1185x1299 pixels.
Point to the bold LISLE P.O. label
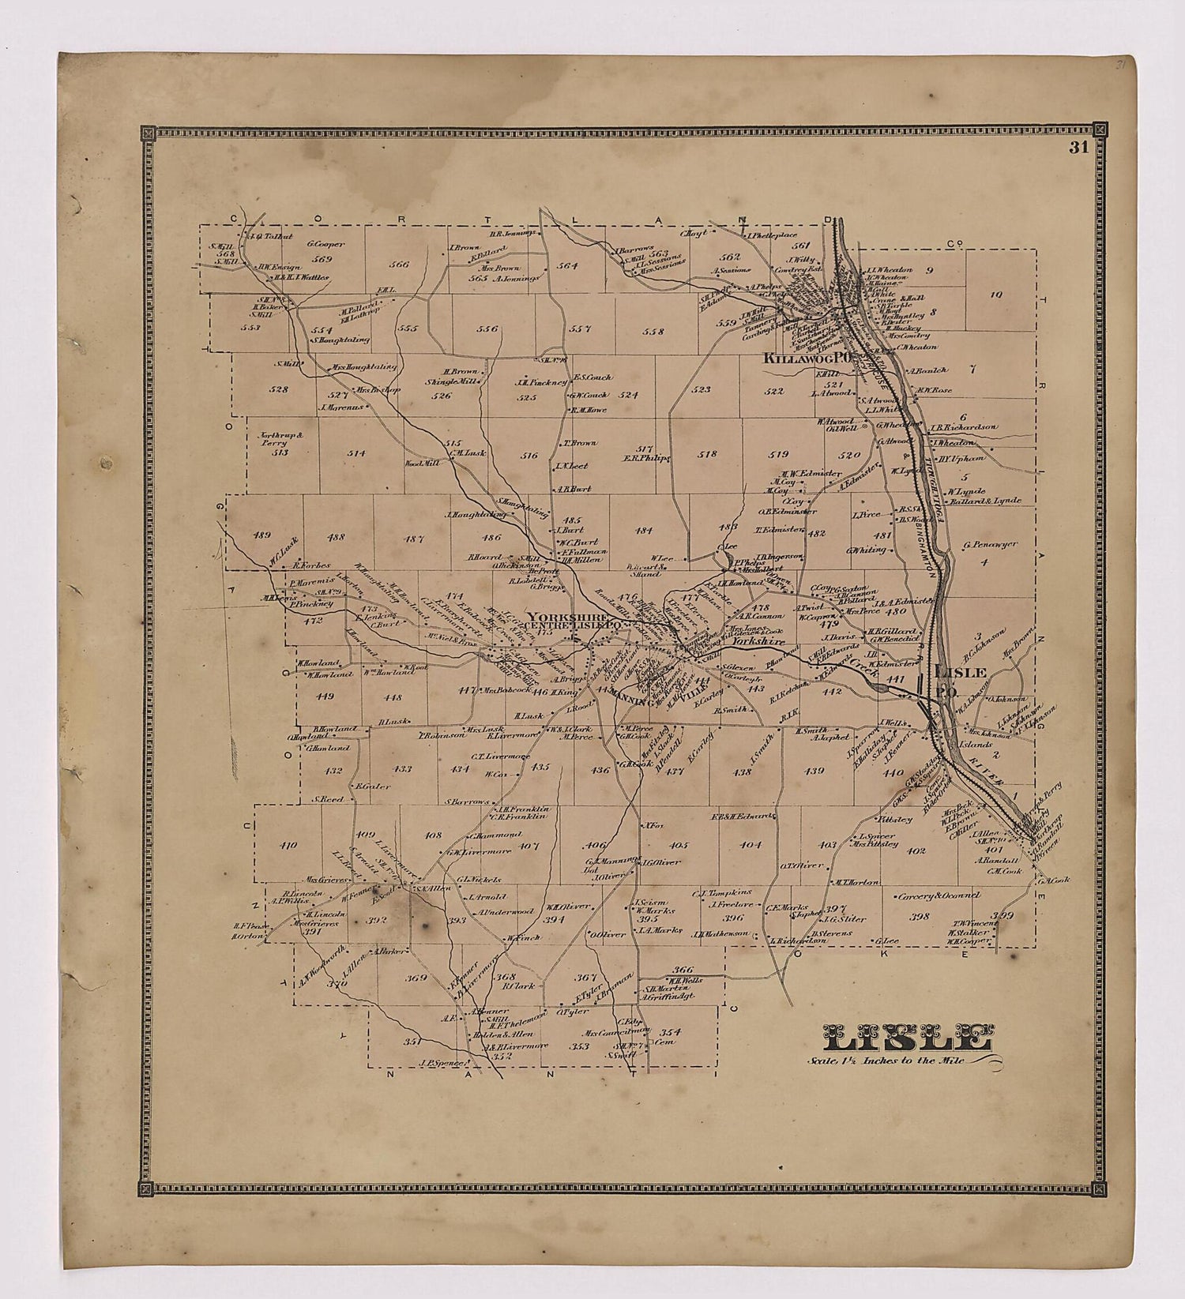958,679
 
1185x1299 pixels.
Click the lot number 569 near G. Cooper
322,258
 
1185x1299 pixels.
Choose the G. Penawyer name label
990,544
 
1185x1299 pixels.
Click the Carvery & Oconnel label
939,895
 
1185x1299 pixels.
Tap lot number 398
919,917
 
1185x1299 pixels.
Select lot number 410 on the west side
288,845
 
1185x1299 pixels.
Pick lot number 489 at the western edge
261,535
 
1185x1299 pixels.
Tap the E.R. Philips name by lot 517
645,457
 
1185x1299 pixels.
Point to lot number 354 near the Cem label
670,1031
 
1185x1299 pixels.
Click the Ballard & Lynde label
995,501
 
